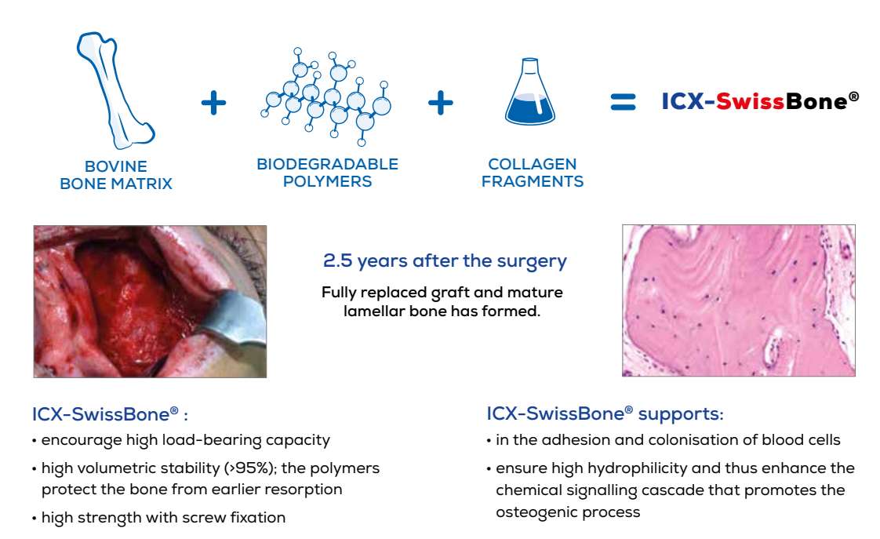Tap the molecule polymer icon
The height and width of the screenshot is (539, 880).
coord(325,98)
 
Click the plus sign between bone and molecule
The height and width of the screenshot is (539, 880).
coord(213,103)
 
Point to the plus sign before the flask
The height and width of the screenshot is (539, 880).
coord(441,103)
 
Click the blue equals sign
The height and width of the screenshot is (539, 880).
coord(623,102)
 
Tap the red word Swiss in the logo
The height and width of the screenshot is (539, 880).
coord(744,102)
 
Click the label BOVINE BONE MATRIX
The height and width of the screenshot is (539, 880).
coord(116,175)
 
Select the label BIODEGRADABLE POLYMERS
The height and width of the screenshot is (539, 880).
coord(327,173)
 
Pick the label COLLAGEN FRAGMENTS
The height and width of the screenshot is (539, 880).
coord(533,173)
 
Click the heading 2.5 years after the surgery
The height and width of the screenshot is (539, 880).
coord(444,261)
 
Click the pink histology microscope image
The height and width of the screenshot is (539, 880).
coord(738,300)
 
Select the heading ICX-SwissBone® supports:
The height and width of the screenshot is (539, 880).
coord(605,413)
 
